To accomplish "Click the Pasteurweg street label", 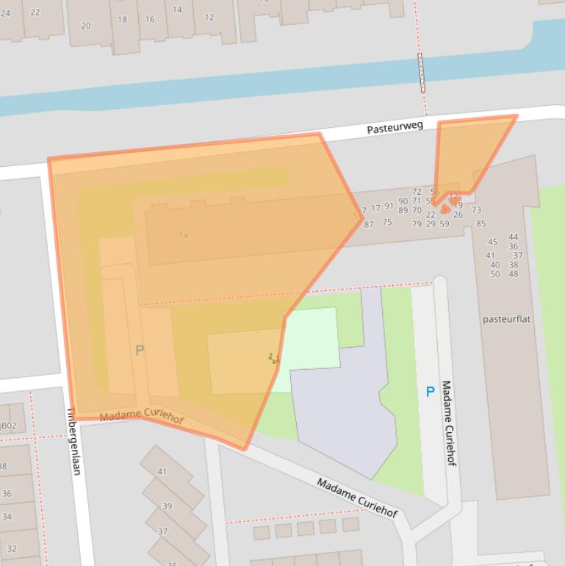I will pyautogui.click(x=395, y=127).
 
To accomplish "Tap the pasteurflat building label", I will pyautogui.click(x=507, y=320).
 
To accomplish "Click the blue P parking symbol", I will pyautogui.click(x=431, y=392).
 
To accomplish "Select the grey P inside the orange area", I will pyautogui.click(x=140, y=351).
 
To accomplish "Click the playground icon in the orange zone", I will pyautogui.click(x=274, y=359).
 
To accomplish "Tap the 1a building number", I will pyautogui.click(x=183, y=235).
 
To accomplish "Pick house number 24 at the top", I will pyautogui.click(x=6, y=12).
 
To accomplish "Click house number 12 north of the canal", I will pyautogui.click(x=209, y=18).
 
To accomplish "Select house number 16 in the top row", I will pyautogui.click(x=150, y=20).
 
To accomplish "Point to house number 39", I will pyautogui.click(x=167, y=506).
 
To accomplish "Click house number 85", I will pyautogui.click(x=481, y=224).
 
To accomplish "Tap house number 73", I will pyautogui.click(x=476, y=210).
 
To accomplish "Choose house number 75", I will pyautogui.click(x=387, y=222).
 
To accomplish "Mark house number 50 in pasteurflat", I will pyautogui.click(x=495, y=274).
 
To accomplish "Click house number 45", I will pyautogui.click(x=492, y=242).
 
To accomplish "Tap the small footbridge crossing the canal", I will pyautogui.click(x=422, y=72).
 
